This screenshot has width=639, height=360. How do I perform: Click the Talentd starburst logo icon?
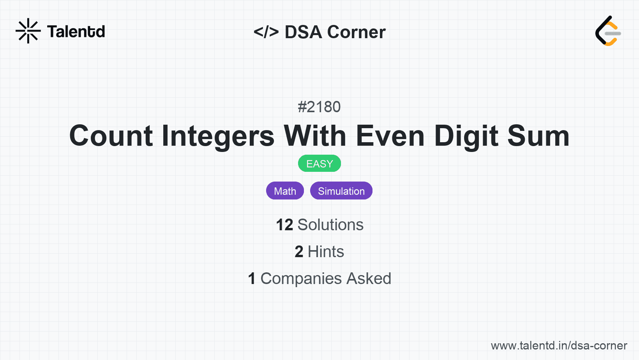point(28,31)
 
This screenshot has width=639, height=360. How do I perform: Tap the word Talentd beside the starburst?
point(76,32)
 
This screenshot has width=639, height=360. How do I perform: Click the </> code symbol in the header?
point(266,32)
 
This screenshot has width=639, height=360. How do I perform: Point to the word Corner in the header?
point(356,32)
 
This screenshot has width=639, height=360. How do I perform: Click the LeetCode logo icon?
point(608,31)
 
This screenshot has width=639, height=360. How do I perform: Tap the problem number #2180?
point(319,107)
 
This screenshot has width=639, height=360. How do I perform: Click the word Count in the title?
point(111,136)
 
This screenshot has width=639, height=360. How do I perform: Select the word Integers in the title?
point(218,137)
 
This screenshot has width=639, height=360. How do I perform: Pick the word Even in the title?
point(390,136)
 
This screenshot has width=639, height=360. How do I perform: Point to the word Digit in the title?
point(466,137)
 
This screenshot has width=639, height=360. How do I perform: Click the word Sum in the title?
point(538,136)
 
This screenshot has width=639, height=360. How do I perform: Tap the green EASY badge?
point(319,164)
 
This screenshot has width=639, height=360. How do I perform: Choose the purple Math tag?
point(285,191)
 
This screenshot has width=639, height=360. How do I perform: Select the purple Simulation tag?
point(341,191)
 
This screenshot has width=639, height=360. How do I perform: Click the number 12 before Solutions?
point(284,225)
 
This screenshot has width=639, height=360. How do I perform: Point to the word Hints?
point(326,252)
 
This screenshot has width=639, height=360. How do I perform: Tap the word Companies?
point(301,279)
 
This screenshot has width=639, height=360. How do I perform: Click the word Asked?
point(369,279)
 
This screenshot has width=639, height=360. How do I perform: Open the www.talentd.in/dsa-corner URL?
point(559,346)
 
